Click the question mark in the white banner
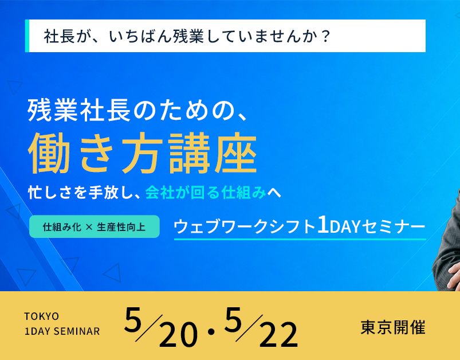325,36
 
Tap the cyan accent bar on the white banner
27,36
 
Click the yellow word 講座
213,152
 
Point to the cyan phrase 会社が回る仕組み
206,193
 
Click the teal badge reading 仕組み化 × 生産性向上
94,226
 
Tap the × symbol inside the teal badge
89,227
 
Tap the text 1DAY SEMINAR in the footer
62,331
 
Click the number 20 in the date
178,334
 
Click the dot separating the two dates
211,331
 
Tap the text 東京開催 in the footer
393,327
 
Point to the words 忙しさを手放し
79,193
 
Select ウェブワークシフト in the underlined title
245,226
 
